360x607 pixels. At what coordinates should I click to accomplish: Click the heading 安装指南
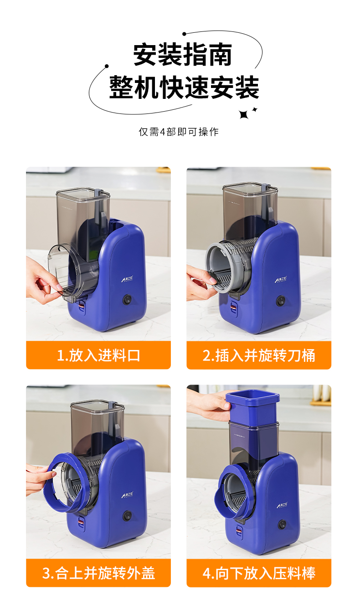(x=183, y=55)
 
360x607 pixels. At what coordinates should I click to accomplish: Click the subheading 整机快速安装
(x=184, y=87)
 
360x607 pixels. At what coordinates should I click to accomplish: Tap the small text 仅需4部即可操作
(x=179, y=132)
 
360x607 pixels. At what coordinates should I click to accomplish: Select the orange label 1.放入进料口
(x=98, y=355)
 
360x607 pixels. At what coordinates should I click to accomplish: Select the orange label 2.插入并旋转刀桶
(x=259, y=355)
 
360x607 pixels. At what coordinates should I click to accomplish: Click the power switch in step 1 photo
(x=127, y=300)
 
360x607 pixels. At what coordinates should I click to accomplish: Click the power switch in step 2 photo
(x=281, y=300)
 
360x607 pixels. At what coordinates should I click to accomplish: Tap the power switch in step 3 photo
(x=127, y=516)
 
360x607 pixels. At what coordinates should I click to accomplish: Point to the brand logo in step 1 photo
(x=127, y=279)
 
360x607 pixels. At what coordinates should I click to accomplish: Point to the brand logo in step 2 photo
(x=281, y=279)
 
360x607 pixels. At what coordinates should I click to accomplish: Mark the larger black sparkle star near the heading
(x=244, y=114)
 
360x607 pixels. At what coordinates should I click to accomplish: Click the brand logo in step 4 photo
(x=282, y=506)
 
